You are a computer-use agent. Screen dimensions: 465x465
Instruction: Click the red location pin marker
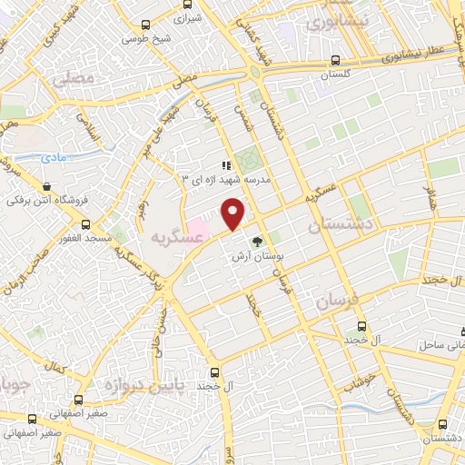pos(234,213)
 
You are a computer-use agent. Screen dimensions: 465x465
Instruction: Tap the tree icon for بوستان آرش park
pos(257,241)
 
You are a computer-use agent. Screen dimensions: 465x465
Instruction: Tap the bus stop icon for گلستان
pos(333,61)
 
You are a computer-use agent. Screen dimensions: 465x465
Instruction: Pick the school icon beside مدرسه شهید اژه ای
pos(226,165)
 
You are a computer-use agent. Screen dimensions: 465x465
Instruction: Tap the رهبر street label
pos(142,211)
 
